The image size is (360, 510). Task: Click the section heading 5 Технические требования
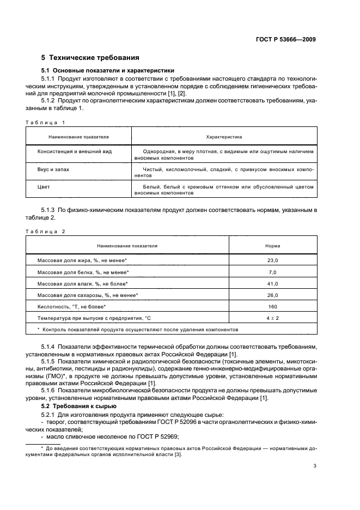90,57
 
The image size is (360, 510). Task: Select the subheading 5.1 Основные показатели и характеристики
108,70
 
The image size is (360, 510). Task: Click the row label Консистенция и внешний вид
74,151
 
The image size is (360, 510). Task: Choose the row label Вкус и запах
53,169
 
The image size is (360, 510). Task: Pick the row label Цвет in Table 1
43,187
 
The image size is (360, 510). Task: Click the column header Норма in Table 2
272,246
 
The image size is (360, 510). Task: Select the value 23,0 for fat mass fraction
272,260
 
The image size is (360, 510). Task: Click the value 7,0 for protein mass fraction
272,272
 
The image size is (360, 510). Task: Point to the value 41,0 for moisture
272,284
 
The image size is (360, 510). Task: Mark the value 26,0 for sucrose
272,295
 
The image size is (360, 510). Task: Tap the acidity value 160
272,307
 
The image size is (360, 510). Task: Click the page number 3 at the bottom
315,465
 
